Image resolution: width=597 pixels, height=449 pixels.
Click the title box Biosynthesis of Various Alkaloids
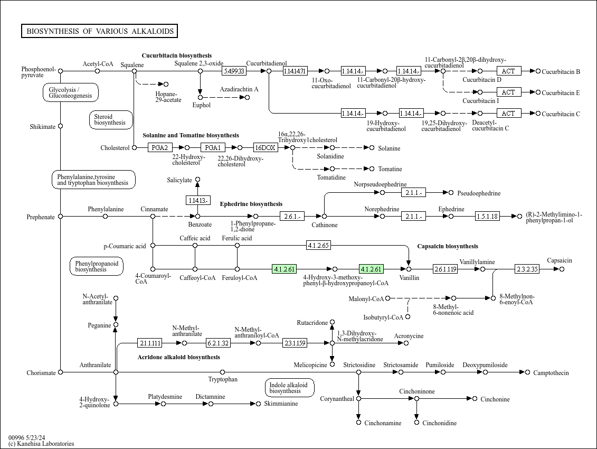coord(100,31)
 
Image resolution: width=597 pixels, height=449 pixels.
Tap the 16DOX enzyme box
coord(266,148)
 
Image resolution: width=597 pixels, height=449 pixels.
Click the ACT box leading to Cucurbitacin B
coord(508,71)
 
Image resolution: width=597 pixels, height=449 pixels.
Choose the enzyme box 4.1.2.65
coord(318,245)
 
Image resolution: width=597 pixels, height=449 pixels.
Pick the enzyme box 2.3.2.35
coord(527,269)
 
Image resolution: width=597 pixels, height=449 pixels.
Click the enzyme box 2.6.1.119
coord(445,269)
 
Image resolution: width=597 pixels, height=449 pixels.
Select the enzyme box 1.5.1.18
coord(487,216)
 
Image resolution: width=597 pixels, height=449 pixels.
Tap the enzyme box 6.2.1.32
coord(218,343)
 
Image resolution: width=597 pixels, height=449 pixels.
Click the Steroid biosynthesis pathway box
coord(111,120)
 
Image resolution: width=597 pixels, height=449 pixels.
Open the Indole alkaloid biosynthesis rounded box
coord(289,388)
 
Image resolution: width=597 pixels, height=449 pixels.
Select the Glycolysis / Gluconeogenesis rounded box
coord(71,92)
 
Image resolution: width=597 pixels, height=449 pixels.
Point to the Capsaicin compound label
coord(559,261)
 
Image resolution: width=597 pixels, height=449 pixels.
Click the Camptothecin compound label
coord(551,373)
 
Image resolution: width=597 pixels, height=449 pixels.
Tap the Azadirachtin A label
coord(239,89)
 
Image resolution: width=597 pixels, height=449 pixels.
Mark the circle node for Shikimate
coord(60,126)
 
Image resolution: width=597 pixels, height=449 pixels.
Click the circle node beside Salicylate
coord(197,180)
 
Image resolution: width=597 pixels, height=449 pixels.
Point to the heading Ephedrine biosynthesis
coord(251,204)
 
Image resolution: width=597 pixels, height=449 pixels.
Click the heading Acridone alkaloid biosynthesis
coord(178,358)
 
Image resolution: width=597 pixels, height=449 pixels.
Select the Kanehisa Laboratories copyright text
coord(41,444)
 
